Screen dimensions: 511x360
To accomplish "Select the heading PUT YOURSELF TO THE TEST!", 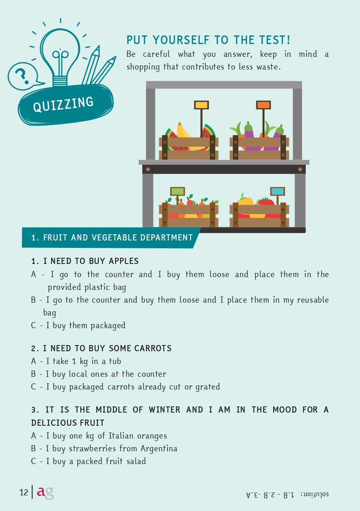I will tap(208, 40).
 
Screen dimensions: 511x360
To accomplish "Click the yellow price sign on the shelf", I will tap(201, 105).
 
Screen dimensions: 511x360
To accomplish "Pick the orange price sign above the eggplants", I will tap(263, 105).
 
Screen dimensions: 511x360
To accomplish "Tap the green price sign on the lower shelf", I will tap(177, 191).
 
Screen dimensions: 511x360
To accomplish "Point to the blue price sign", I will tap(277, 191).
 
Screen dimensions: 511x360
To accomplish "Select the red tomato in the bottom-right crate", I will tap(267, 201).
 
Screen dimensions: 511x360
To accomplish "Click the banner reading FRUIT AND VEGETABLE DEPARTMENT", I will tap(112, 238).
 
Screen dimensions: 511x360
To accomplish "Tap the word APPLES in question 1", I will tap(123, 261).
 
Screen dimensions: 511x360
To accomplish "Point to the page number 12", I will tap(23, 492).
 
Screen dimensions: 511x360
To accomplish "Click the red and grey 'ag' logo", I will tap(45, 492).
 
